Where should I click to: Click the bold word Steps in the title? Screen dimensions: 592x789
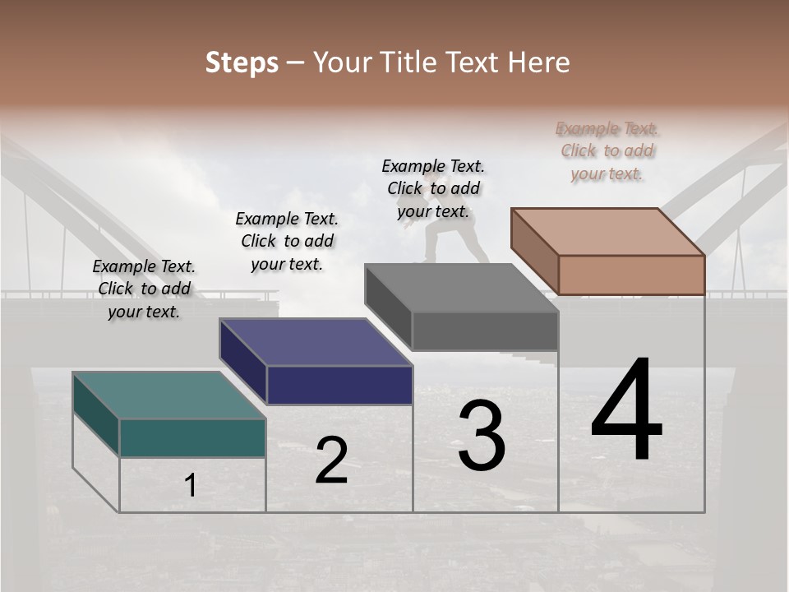click(x=242, y=62)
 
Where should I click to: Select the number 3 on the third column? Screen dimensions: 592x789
click(x=481, y=436)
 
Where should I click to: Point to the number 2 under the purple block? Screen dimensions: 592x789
click(x=331, y=460)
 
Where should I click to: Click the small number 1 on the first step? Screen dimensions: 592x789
click(x=191, y=485)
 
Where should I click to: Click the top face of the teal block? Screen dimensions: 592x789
click(x=168, y=395)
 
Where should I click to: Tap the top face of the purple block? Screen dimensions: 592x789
click(x=316, y=342)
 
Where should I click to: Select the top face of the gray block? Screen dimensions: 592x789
click(x=462, y=288)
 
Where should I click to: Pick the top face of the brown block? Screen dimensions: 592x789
click(x=608, y=231)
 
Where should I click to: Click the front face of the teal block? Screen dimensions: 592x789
click(x=192, y=437)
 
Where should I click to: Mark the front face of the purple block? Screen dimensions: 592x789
click(x=339, y=385)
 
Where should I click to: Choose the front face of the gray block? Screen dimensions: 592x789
click(x=485, y=331)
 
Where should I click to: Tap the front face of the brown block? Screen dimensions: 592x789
click(x=631, y=275)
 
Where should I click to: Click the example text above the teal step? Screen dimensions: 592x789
click(x=144, y=289)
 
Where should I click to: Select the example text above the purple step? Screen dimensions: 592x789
click(x=287, y=242)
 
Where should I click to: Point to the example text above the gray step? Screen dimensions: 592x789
click(x=433, y=188)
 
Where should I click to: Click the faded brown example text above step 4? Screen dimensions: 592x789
click(x=607, y=151)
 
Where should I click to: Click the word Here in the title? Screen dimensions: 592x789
click(x=540, y=62)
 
